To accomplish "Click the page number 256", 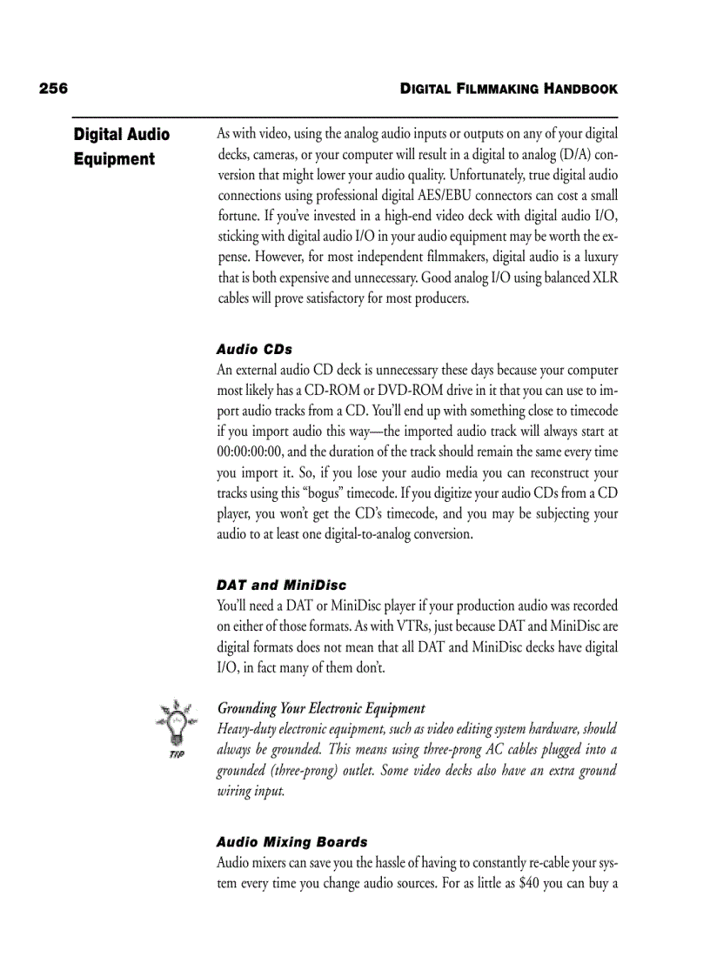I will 53,89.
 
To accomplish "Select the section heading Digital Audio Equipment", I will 121,146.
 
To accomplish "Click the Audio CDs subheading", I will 254,349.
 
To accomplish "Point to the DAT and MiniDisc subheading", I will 281,585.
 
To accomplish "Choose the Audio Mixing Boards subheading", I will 291,841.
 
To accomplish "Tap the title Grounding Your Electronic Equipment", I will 321,708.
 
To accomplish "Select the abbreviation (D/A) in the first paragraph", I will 569,154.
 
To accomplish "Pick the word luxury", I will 599,257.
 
